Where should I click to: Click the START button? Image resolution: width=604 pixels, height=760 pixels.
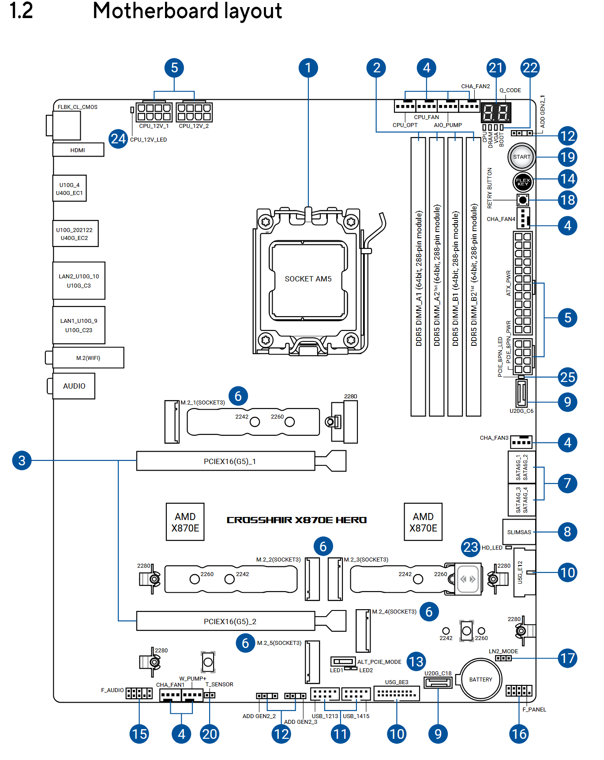[521, 157]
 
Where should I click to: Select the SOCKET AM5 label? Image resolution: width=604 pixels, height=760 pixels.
[308, 279]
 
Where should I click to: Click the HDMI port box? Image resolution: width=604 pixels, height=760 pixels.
[78, 150]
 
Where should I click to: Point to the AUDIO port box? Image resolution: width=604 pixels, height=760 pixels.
[74, 386]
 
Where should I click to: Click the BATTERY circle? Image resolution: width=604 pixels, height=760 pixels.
[480, 679]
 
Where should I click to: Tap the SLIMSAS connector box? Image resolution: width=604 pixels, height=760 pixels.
[519, 532]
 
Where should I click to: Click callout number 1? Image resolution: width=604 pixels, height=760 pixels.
[308, 67]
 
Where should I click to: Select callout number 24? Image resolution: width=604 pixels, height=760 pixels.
[118, 139]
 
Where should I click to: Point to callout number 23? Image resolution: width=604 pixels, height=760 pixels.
[471, 547]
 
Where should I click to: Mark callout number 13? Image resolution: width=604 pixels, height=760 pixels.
[416, 661]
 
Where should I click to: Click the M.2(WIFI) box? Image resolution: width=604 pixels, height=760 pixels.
[88, 358]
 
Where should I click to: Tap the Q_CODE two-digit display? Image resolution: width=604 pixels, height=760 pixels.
[495, 112]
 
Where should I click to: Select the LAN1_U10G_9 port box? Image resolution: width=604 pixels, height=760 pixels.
[79, 325]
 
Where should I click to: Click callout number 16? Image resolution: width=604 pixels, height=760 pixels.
[519, 734]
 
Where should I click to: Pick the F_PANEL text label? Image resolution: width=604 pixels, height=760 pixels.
[534, 709]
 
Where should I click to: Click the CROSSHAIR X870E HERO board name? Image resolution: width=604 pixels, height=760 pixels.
[296, 520]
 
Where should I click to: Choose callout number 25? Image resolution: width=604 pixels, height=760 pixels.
[567, 377]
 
